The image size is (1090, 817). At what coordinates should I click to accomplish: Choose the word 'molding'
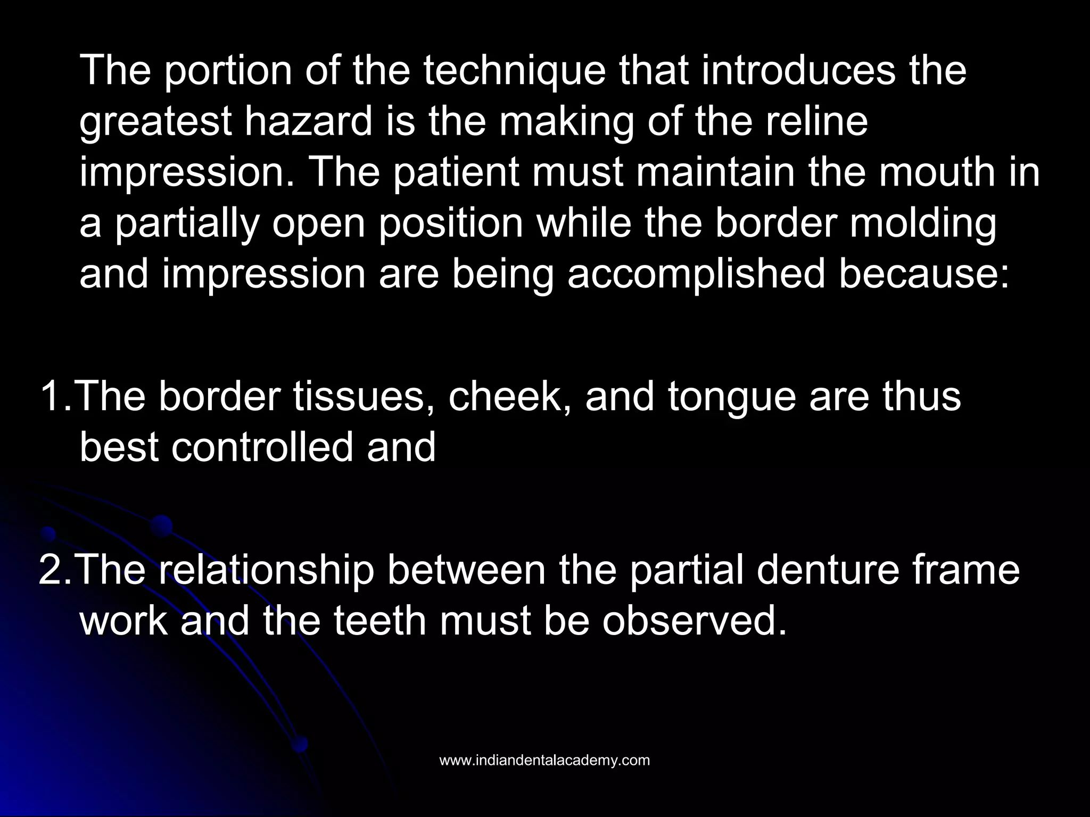[x=923, y=224]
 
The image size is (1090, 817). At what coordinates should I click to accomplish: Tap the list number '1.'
[x=55, y=396]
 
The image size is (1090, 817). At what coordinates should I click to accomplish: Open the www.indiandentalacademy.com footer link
[x=544, y=761]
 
